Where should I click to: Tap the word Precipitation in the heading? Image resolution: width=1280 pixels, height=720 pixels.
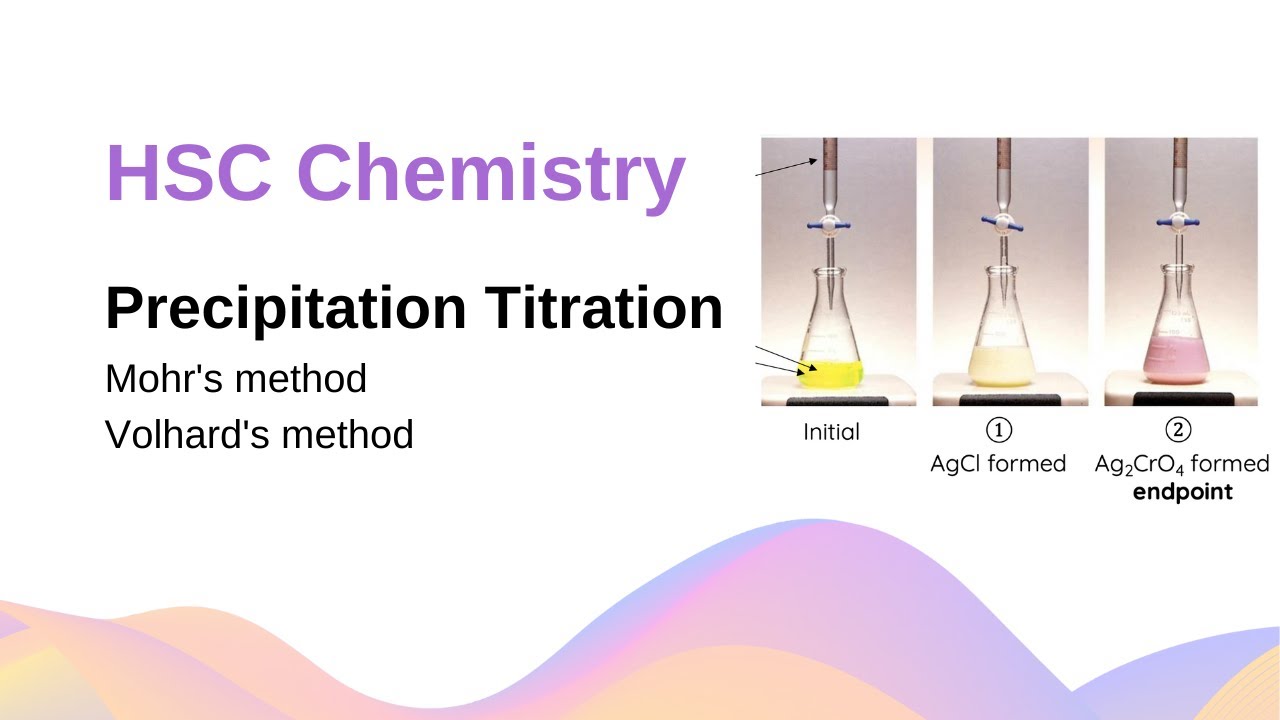click(x=285, y=308)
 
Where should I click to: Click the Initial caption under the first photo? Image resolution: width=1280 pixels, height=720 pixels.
click(x=831, y=433)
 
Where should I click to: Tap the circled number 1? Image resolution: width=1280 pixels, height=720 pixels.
click(x=998, y=430)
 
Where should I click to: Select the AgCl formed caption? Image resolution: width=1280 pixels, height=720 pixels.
click(x=998, y=464)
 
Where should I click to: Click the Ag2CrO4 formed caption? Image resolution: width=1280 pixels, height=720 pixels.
click(x=1181, y=465)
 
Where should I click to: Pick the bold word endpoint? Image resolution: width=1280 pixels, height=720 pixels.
click(x=1182, y=492)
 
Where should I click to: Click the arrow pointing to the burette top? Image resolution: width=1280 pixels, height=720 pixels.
click(x=790, y=166)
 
